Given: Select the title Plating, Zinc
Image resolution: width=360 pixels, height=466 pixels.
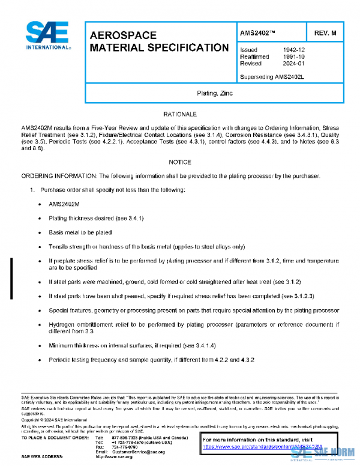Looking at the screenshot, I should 215,94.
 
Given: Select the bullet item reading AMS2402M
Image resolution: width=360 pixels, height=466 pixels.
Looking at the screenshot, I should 64,204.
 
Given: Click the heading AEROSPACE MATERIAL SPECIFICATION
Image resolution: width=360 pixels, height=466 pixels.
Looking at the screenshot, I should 158,41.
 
